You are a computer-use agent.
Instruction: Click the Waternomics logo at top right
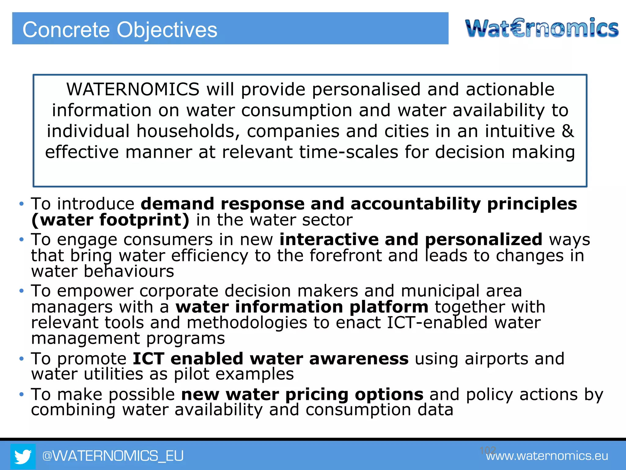[542, 28]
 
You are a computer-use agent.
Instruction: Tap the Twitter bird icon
[23, 456]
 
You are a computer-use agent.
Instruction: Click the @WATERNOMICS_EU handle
[113, 456]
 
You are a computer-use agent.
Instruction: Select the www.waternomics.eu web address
[547, 456]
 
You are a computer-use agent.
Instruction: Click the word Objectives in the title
[167, 30]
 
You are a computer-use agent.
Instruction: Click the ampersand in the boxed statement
[568, 131]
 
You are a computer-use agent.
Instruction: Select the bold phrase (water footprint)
[110, 220]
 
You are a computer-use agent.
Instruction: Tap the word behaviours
[129, 271]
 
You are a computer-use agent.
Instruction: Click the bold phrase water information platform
[302, 307]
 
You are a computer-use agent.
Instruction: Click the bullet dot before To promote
[21, 358]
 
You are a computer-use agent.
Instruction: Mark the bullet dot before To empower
[21, 291]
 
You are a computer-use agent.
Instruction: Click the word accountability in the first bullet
[416, 204]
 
